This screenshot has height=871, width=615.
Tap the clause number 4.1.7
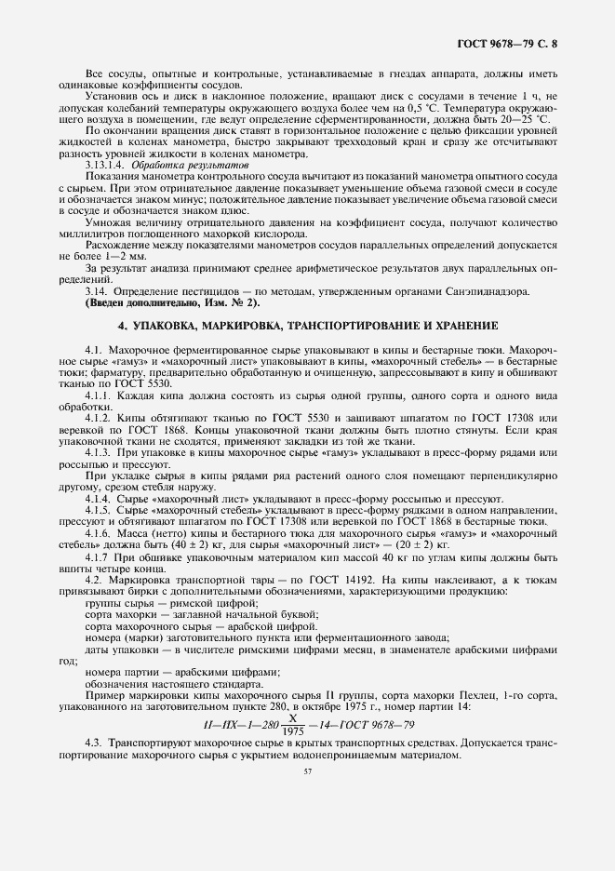(98, 556)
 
